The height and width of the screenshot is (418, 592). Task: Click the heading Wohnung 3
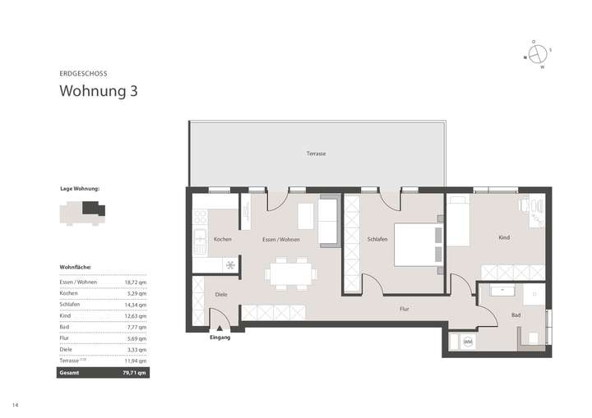(x=98, y=90)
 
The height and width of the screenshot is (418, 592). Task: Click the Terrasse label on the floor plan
(x=317, y=154)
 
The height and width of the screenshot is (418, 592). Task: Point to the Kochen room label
(x=222, y=239)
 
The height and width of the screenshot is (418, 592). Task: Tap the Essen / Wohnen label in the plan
(x=280, y=239)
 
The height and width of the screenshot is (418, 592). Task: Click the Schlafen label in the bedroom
(x=377, y=239)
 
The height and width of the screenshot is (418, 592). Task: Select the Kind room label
(x=503, y=237)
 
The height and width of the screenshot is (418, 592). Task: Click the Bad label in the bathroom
(x=516, y=315)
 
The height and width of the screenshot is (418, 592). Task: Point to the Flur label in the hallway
(x=404, y=309)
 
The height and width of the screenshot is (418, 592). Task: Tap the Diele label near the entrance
(x=220, y=294)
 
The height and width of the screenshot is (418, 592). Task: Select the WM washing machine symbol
(x=468, y=342)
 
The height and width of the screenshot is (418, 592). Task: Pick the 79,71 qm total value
(x=135, y=372)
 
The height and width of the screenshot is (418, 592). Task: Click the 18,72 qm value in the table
(x=136, y=282)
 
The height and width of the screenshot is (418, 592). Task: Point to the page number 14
(x=15, y=405)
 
